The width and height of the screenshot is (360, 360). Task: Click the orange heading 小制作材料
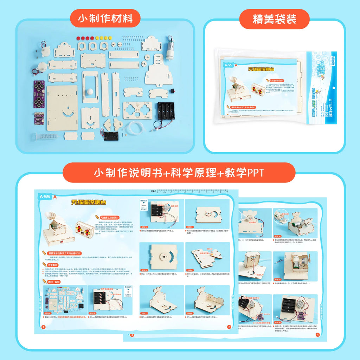coord(105,19)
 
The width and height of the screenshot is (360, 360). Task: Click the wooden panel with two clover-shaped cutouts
coord(137,110)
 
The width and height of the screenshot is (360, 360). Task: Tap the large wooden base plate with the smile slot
coord(62,108)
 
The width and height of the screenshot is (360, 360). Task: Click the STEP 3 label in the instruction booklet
coord(144,227)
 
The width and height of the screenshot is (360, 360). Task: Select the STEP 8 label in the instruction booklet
coord(190,313)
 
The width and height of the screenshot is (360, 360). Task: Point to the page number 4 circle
coord(317,335)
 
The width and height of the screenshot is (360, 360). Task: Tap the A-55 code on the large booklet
coord(45,197)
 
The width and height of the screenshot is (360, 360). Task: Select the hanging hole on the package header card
coord(333,88)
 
